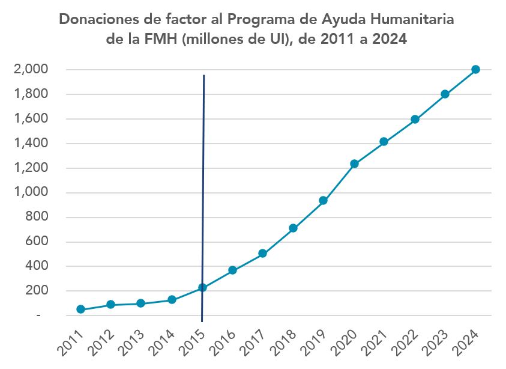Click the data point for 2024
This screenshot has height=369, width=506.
click(x=475, y=70)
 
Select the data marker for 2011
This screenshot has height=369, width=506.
click(x=80, y=310)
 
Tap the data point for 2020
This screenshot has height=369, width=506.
click(x=354, y=164)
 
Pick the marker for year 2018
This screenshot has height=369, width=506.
click(x=293, y=228)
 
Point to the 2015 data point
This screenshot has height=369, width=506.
click(x=202, y=288)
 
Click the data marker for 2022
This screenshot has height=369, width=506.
click(x=415, y=120)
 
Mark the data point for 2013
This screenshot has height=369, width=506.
click(x=141, y=303)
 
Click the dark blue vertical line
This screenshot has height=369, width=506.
click(x=203, y=180)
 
